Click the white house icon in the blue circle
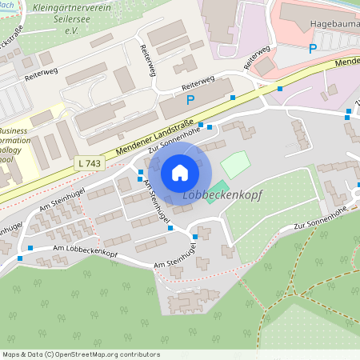(179, 172)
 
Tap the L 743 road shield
(90, 162)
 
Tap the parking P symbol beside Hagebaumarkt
(313, 48)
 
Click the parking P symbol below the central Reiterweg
(190, 100)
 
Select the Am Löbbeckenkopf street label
(85, 251)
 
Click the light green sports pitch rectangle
(235, 165)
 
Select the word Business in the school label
(14, 130)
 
